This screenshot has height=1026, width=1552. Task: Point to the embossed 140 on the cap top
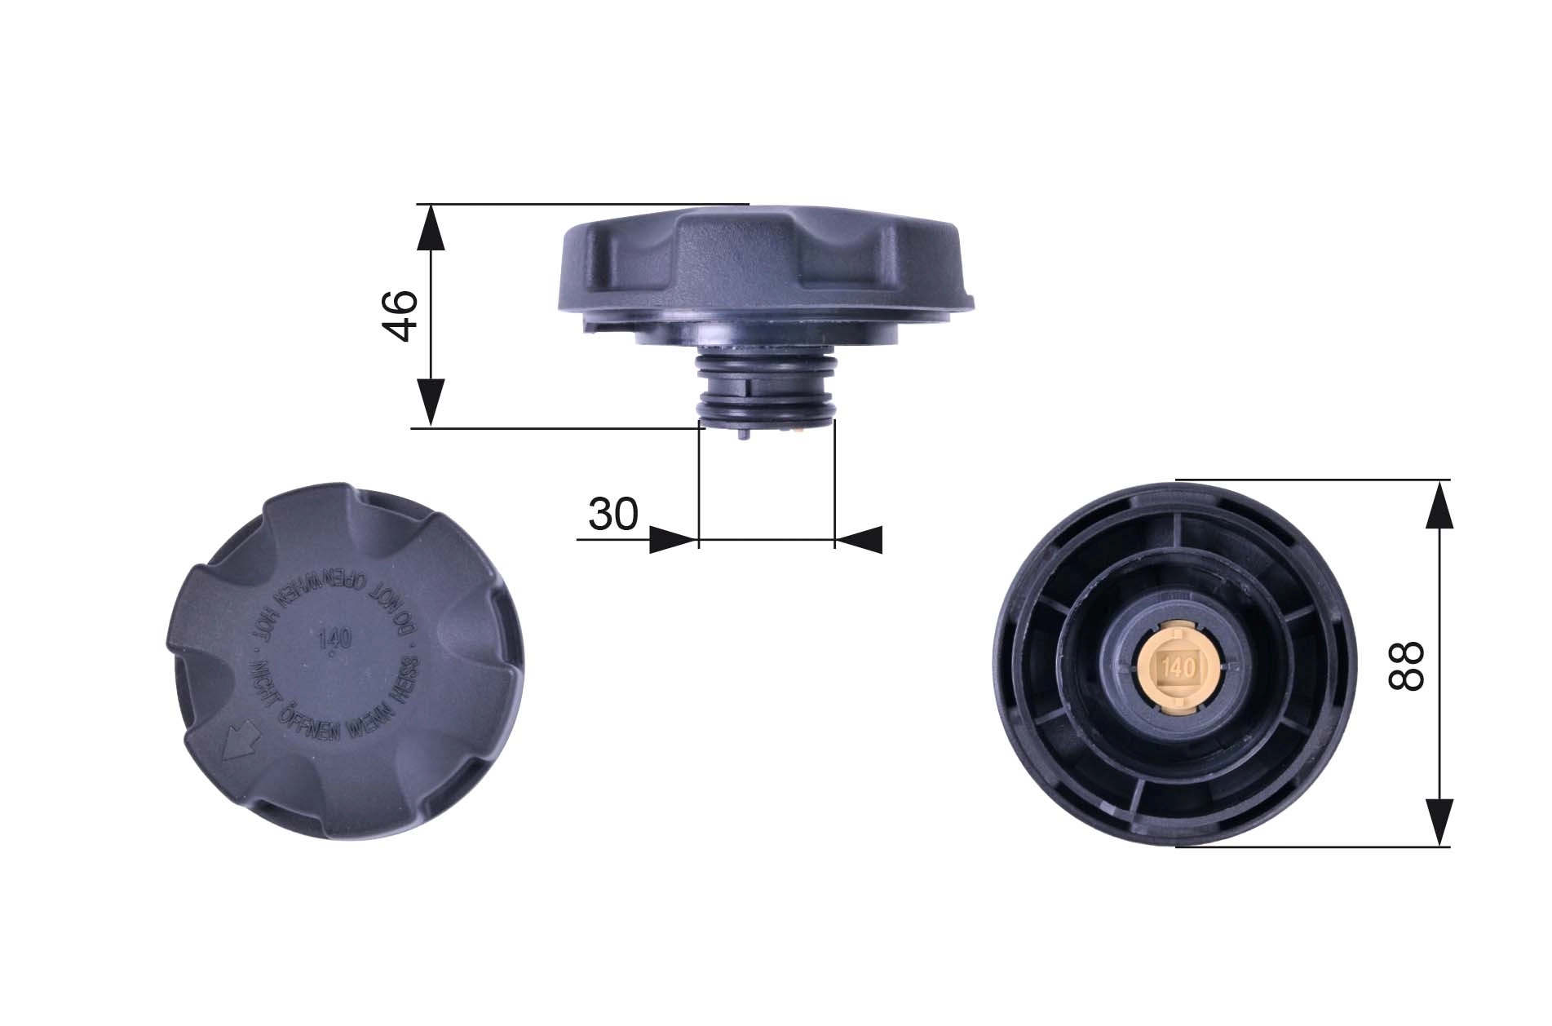330,637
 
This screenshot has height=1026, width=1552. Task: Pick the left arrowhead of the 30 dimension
674,540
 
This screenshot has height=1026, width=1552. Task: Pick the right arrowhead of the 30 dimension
860,540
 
